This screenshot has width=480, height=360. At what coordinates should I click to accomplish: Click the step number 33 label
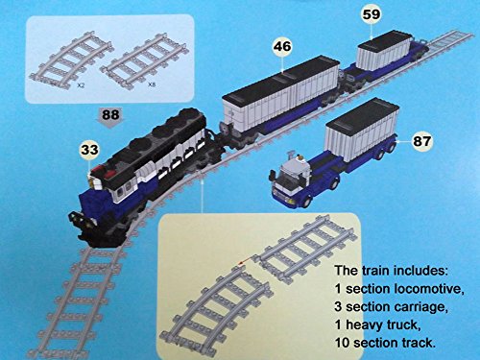click(89, 150)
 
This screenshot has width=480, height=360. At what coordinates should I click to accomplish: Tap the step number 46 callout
click(282, 47)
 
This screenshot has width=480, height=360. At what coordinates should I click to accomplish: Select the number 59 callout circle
click(372, 14)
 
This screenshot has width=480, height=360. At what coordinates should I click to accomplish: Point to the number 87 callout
click(422, 141)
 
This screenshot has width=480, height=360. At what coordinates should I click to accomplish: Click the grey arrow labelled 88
click(110, 117)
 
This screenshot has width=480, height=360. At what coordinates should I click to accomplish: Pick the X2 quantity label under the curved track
click(81, 85)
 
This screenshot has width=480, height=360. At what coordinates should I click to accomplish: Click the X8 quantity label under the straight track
click(152, 85)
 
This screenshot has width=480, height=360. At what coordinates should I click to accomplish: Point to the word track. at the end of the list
click(420, 343)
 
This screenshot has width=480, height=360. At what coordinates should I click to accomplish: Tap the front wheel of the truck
click(306, 202)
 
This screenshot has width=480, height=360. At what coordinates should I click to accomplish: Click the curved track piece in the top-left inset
click(70, 60)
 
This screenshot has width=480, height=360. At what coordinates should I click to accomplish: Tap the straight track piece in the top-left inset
click(143, 62)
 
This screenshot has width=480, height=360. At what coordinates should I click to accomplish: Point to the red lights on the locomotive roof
click(103, 171)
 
